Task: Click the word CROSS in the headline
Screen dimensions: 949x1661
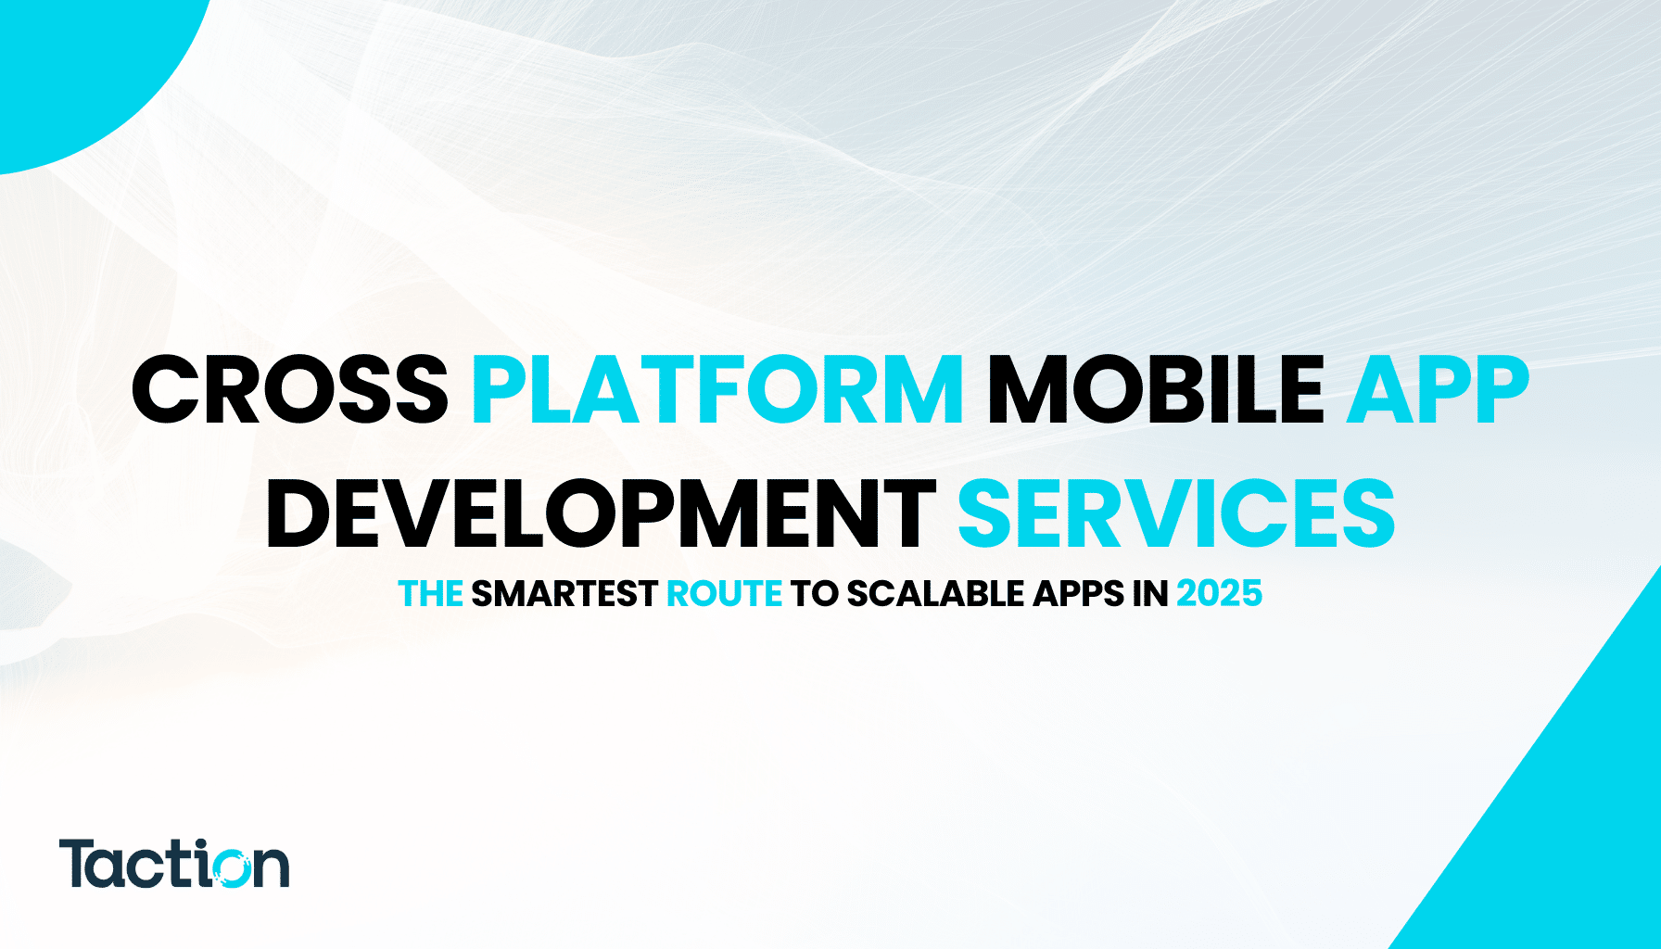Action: tap(290, 390)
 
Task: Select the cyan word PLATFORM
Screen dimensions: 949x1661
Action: tap(717, 390)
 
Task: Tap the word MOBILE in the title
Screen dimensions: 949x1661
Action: tap(1155, 390)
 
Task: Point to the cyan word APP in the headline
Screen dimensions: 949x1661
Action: tap(1437, 390)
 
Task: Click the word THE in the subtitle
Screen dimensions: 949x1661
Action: tap(430, 594)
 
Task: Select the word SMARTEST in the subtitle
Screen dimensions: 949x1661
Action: tap(564, 594)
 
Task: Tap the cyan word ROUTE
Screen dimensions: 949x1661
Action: tap(724, 594)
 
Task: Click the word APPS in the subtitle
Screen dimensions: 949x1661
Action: tap(1079, 594)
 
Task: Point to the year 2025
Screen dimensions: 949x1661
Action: tap(1219, 594)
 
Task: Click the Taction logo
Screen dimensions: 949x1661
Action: tap(174, 864)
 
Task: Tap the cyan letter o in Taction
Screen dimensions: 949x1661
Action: tap(226, 867)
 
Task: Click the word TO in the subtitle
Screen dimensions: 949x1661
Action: tap(814, 594)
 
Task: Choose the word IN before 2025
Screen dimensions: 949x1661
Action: tap(1149, 594)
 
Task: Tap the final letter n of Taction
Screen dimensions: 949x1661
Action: tap(272, 868)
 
